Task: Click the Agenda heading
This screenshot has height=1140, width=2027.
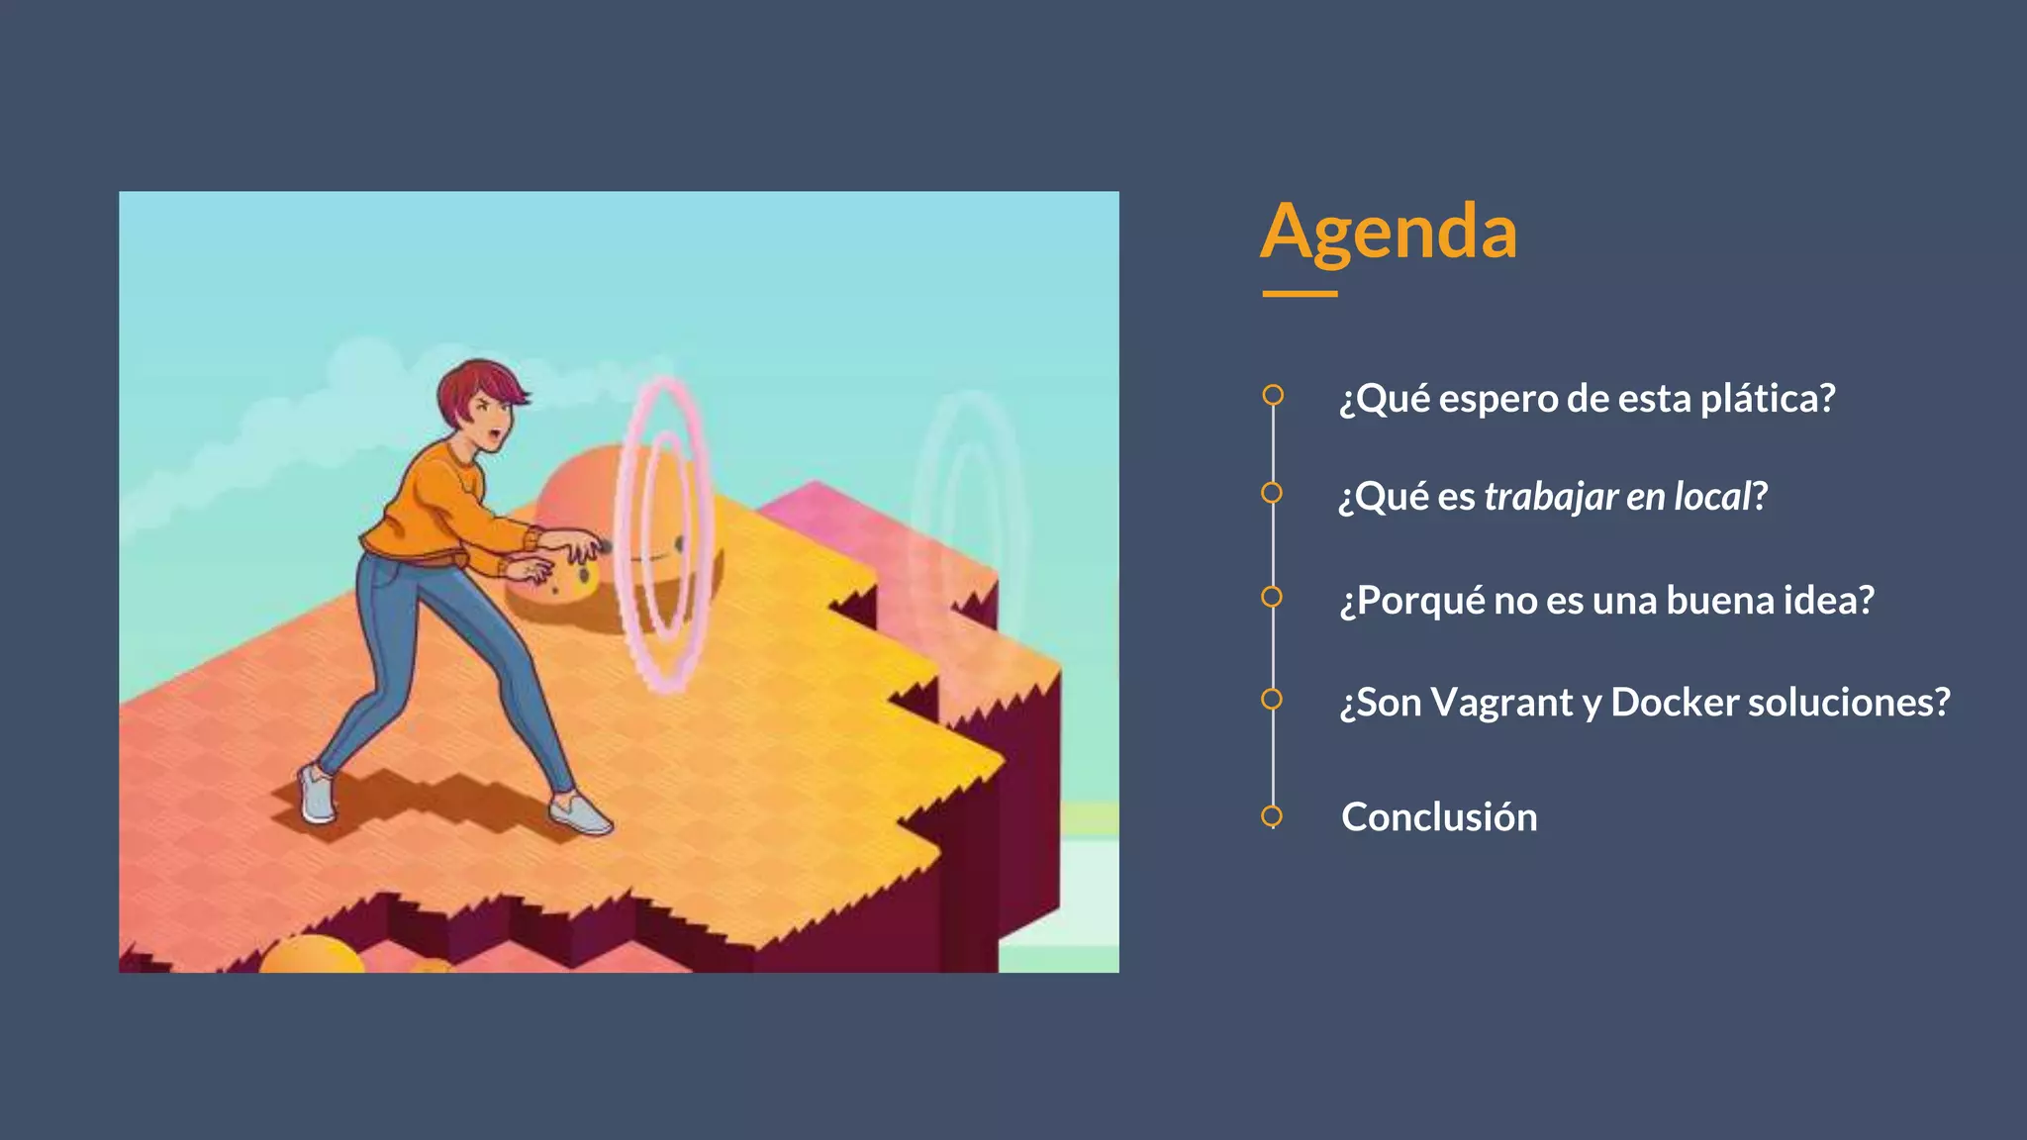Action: pos(1388,232)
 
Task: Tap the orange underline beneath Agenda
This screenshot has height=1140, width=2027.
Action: pos(1300,294)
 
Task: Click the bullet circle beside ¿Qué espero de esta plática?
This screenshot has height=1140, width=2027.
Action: pos(1273,395)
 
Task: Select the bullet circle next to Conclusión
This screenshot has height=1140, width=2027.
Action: pos(1272,816)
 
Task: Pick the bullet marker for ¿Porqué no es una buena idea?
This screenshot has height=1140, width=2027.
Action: pos(1272,597)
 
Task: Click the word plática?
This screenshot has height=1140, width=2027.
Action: pos(1768,399)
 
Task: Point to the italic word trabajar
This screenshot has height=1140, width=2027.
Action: pos(1551,497)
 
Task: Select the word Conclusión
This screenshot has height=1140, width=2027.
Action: pos(1439,817)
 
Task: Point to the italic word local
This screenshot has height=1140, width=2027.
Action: pos(1712,497)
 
